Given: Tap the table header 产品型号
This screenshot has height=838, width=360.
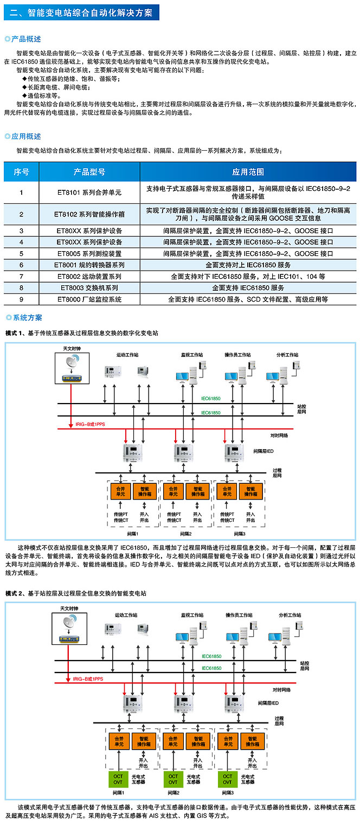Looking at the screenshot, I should click(x=89, y=172).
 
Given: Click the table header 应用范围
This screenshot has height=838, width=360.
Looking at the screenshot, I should click(x=248, y=172).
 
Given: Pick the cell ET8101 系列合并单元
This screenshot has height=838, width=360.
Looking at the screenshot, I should click(x=89, y=193).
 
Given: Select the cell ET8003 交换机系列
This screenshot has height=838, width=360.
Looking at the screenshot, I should click(x=89, y=287).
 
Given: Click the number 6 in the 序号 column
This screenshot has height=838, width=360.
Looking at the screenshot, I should click(x=21, y=265).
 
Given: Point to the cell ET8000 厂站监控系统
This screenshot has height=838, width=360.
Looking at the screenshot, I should click(x=89, y=299).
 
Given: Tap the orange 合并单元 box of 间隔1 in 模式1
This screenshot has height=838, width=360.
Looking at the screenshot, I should click(x=120, y=491).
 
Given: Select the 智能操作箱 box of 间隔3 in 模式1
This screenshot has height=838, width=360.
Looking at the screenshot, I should click(x=250, y=491).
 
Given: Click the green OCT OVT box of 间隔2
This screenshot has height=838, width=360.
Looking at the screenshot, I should click(x=172, y=779).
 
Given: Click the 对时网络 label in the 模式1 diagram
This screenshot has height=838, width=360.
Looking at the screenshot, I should click(x=279, y=435).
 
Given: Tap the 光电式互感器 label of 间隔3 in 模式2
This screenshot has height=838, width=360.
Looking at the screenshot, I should click(x=247, y=779).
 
